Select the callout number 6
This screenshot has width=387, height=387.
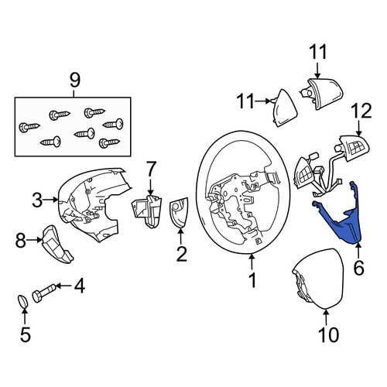(359, 268)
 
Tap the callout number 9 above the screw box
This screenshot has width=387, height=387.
(75, 80)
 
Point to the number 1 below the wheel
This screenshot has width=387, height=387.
(252, 280)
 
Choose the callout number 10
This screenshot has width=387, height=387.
(328, 335)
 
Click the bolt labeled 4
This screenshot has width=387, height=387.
(44, 293)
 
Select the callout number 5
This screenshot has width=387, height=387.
(26, 334)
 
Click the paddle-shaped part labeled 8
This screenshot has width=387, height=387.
(57, 245)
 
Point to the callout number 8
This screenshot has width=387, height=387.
(21, 240)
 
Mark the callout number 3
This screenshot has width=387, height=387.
(37, 200)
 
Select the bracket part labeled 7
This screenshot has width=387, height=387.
(146, 211)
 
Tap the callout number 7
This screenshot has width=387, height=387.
(152, 169)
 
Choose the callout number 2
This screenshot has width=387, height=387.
(181, 254)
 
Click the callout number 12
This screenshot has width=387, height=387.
(361, 111)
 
